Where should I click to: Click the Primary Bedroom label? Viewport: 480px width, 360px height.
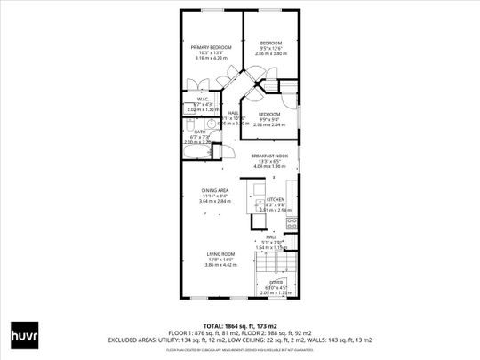click(211, 46)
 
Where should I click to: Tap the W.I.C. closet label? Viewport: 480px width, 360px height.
click(190, 99)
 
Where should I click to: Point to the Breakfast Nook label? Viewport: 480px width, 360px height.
click(268, 155)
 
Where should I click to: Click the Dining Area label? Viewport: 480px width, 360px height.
click(215, 190)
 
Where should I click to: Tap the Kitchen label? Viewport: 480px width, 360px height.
click(275, 199)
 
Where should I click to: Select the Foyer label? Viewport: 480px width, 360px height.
click(276, 282)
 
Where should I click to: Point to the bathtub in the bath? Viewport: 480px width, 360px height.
click(191, 152)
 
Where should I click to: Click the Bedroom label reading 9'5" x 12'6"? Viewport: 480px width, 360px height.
click(270, 43)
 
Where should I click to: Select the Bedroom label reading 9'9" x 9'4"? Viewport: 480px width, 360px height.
click(269, 115)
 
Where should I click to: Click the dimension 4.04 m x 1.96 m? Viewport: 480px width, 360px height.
click(268, 166)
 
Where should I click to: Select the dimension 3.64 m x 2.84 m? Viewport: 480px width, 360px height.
click(215, 201)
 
